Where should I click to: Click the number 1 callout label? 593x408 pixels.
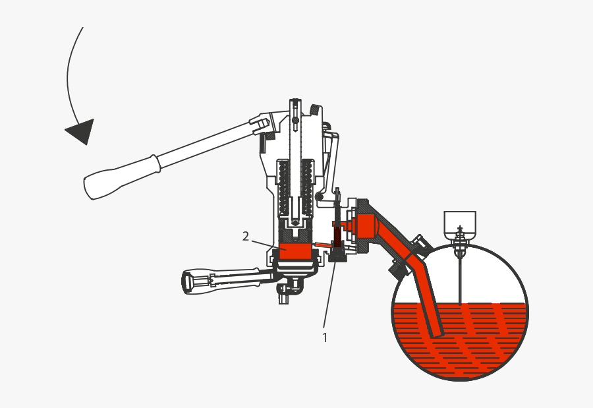[324, 337]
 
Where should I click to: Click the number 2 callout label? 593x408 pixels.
[246, 236]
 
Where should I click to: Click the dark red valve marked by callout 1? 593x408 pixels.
[337, 236]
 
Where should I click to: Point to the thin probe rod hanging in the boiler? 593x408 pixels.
[460, 277]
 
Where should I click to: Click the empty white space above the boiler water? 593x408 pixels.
[488, 277]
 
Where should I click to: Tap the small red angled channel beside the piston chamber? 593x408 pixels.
[322, 245]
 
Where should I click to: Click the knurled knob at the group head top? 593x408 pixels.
[316, 109]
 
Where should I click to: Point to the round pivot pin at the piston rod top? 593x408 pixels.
[295, 119]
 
